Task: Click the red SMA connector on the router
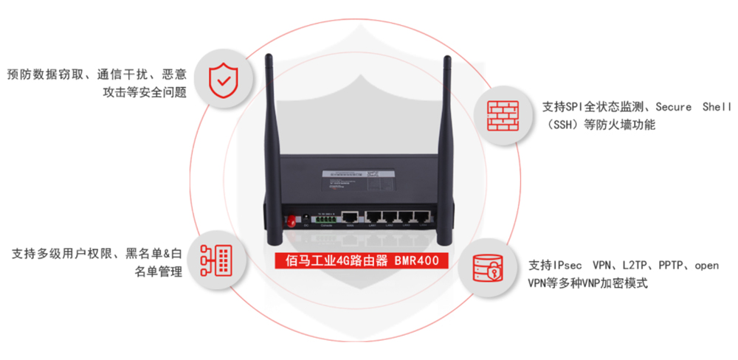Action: click(290, 221)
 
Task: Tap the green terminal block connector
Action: click(325, 219)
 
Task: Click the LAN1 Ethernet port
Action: click(374, 217)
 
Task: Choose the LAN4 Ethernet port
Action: click(421, 217)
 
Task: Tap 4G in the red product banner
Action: click(342, 260)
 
